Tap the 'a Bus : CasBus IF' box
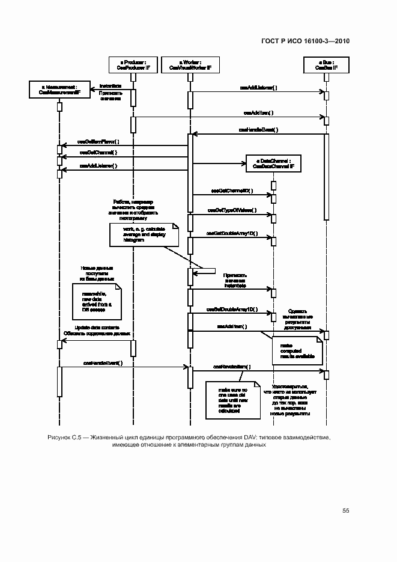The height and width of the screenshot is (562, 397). coord(326,65)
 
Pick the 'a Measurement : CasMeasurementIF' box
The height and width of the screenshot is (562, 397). coord(59,90)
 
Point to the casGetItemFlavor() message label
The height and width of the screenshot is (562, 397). coord(98,142)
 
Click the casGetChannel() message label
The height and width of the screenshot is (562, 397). coord(97,153)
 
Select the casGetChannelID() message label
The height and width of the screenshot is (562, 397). coord(232,191)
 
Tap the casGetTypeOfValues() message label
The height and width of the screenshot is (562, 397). coord(232,210)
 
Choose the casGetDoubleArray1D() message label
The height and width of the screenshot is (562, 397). coord(232,233)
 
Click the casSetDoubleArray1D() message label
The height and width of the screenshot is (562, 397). coord(232,310)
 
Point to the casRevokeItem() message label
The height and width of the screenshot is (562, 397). coord(232,366)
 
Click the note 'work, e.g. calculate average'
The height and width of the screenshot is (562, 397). coord(144,234)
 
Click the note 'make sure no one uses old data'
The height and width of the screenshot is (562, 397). coord(232,399)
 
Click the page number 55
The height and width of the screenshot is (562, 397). coord(345,510)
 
